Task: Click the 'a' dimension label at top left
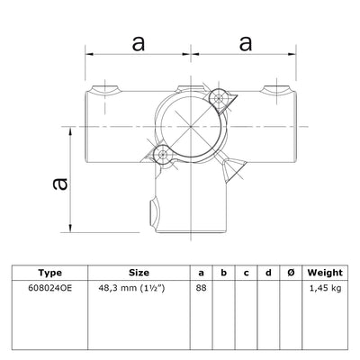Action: (x=138, y=42)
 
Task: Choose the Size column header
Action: (x=139, y=273)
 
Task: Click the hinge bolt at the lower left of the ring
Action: (x=161, y=156)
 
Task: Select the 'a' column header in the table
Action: (x=200, y=273)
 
